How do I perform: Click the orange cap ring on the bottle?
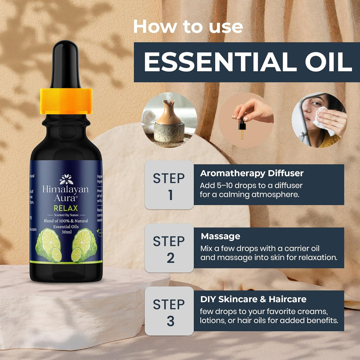coord(66,101)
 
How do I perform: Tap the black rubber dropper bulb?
coord(66,63)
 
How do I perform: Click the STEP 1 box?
coord(169,185)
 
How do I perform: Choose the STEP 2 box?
coord(169,248)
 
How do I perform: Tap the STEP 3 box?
coord(169,311)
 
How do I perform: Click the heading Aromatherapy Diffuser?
coord(251,173)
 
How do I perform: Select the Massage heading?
coord(220,236)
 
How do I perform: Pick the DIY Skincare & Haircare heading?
coord(253,299)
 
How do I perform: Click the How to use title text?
coord(188,27)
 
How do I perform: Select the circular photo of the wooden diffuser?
coord(169,120)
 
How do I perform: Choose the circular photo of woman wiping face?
coord(319,120)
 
